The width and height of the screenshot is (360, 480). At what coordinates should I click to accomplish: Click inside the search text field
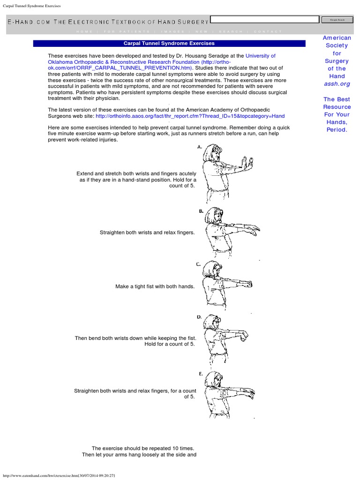point(264,20)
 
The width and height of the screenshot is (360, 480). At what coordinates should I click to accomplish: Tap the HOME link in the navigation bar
point(84,31)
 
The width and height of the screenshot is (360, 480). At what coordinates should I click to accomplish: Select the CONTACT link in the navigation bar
point(268,31)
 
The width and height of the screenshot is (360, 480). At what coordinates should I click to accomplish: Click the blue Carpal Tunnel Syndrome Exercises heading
point(169,43)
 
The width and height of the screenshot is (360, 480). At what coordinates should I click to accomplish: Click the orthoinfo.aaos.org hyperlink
point(190,116)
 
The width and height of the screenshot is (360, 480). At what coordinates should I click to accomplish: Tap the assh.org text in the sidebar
point(337,83)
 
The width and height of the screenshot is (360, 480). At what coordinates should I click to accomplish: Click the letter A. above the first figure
point(200,147)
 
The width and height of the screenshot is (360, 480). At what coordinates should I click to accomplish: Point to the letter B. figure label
point(201,211)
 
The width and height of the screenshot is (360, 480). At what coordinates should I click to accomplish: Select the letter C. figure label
point(199,264)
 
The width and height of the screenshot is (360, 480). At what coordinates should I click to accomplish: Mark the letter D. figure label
point(199,317)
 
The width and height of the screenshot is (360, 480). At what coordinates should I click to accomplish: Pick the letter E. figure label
point(201,374)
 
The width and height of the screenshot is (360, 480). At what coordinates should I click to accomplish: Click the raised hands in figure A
point(247,163)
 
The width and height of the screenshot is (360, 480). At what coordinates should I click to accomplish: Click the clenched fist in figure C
point(248,284)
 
